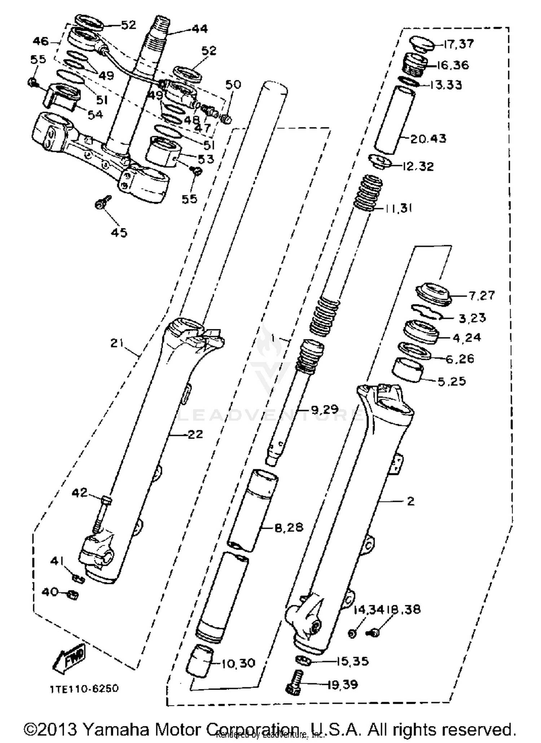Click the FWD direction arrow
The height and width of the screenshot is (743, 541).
click(69, 658)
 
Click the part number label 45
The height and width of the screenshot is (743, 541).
click(119, 233)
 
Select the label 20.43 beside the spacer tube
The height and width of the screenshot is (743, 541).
click(428, 139)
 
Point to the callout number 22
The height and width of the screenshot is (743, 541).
click(195, 434)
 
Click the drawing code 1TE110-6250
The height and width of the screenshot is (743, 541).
click(84, 689)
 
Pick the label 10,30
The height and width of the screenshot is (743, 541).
click(238, 663)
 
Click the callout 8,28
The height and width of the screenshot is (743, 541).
click(289, 528)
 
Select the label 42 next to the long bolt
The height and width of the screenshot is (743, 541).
click(80, 492)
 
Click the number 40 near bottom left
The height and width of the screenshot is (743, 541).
click(50, 592)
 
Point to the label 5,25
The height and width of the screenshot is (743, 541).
click(452, 381)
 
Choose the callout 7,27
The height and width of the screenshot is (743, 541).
click(481, 295)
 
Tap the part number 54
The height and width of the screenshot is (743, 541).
click(95, 115)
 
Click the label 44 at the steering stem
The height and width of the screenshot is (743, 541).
click(199, 29)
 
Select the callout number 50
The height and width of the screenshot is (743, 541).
click(233, 84)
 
